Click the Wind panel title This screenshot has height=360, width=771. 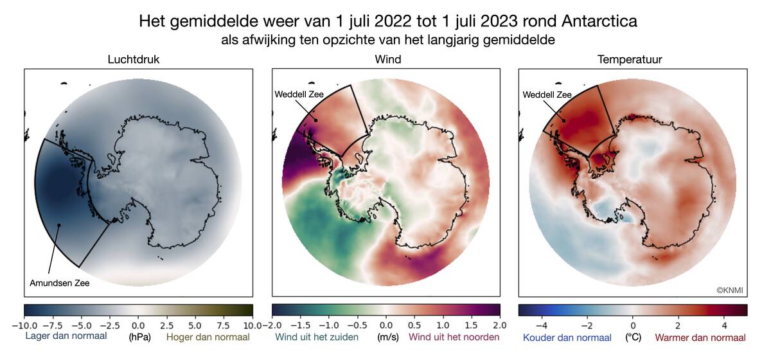click(387, 60)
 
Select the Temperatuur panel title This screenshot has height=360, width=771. click(630, 60)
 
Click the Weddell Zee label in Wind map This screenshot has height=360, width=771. click(299, 94)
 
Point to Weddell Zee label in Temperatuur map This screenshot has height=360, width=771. click(547, 94)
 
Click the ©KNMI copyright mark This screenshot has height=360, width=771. click(729, 290)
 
